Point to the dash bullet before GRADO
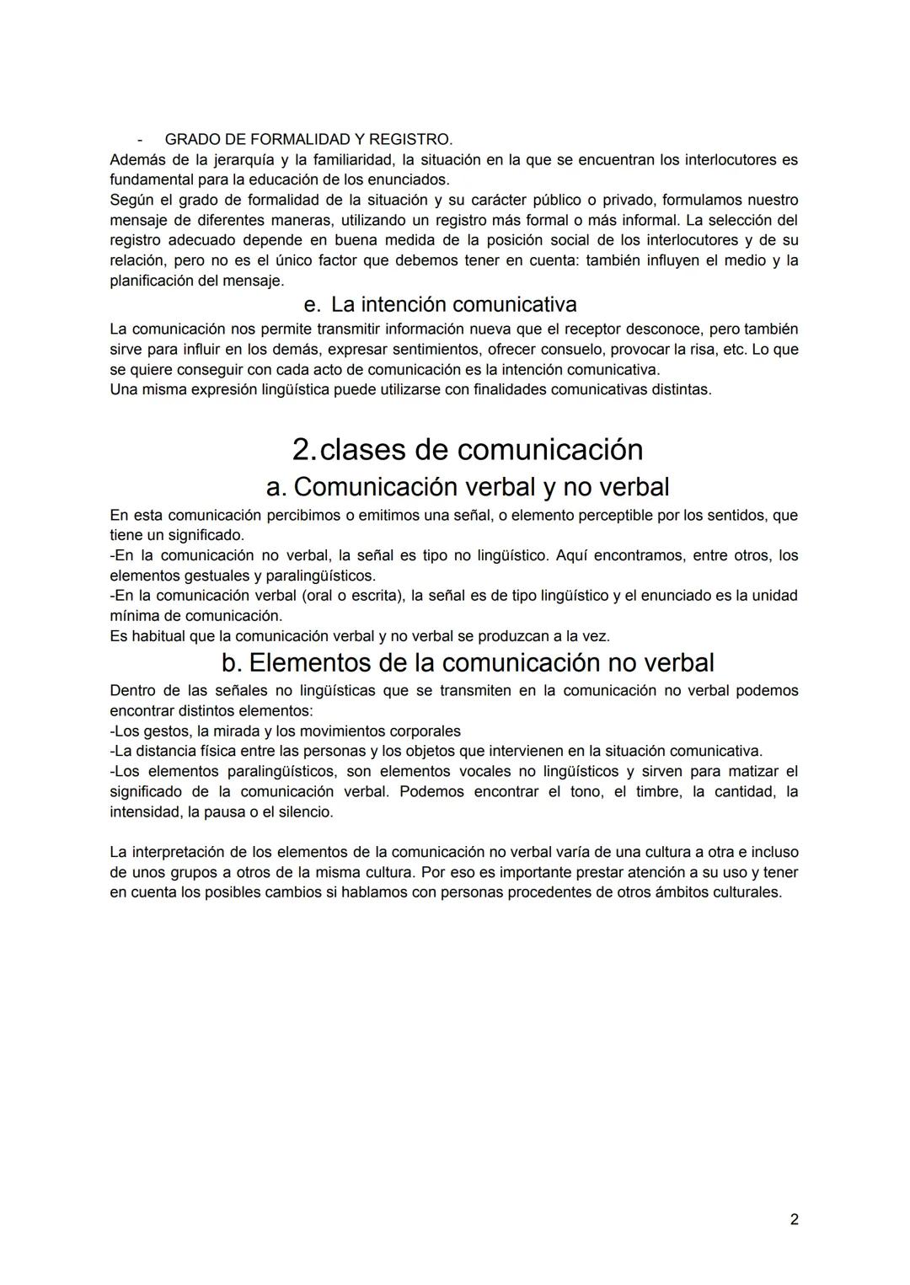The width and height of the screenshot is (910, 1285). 140,139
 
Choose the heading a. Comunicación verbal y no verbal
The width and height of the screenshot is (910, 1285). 467,487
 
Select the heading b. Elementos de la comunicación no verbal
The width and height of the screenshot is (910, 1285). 467,663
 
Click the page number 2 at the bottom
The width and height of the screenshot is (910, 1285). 794,1219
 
